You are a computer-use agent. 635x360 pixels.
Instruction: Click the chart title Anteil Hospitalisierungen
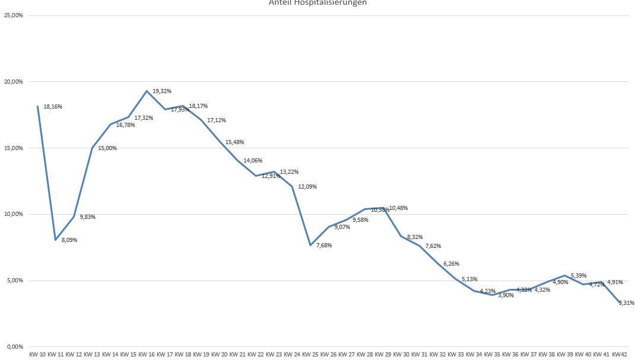pyautogui.click(x=318, y=3)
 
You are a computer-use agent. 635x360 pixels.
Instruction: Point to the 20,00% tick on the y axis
pyautogui.click(x=14, y=82)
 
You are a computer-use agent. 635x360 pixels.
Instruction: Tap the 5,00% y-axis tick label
pyautogui.click(x=14, y=281)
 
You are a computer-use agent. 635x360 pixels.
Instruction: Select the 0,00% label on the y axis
pyautogui.click(x=14, y=347)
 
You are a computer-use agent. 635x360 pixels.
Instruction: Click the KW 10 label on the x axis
pyautogui.click(x=37, y=355)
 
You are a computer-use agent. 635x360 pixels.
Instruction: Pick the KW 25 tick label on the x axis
pyautogui.click(x=310, y=355)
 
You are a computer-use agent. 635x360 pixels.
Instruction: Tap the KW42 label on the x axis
pyautogui.click(x=620, y=355)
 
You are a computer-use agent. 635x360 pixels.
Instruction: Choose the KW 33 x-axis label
pyautogui.click(x=456, y=355)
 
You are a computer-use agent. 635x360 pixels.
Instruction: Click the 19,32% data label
pyautogui.click(x=162, y=91)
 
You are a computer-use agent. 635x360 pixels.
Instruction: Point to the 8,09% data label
pyautogui.click(x=69, y=240)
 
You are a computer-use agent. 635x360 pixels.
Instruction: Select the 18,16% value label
pyautogui.click(x=53, y=107)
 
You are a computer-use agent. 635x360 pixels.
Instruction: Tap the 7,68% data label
pyautogui.click(x=324, y=246)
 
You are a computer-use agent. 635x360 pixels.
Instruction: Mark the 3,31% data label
pyautogui.click(x=626, y=303)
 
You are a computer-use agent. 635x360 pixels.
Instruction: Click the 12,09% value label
pyautogui.click(x=307, y=187)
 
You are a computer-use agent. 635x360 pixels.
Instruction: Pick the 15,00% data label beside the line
pyautogui.click(x=107, y=148)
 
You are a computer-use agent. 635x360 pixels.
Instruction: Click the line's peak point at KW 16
pyautogui.click(x=146, y=91)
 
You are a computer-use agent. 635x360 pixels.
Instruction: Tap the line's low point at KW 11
pyautogui.click(x=56, y=240)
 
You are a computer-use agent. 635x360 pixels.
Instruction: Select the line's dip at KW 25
pyautogui.click(x=310, y=245)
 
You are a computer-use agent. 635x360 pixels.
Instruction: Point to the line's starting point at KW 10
pyautogui.click(x=37, y=106)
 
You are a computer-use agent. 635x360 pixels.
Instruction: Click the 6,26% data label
pyautogui.click(x=451, y=264)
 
